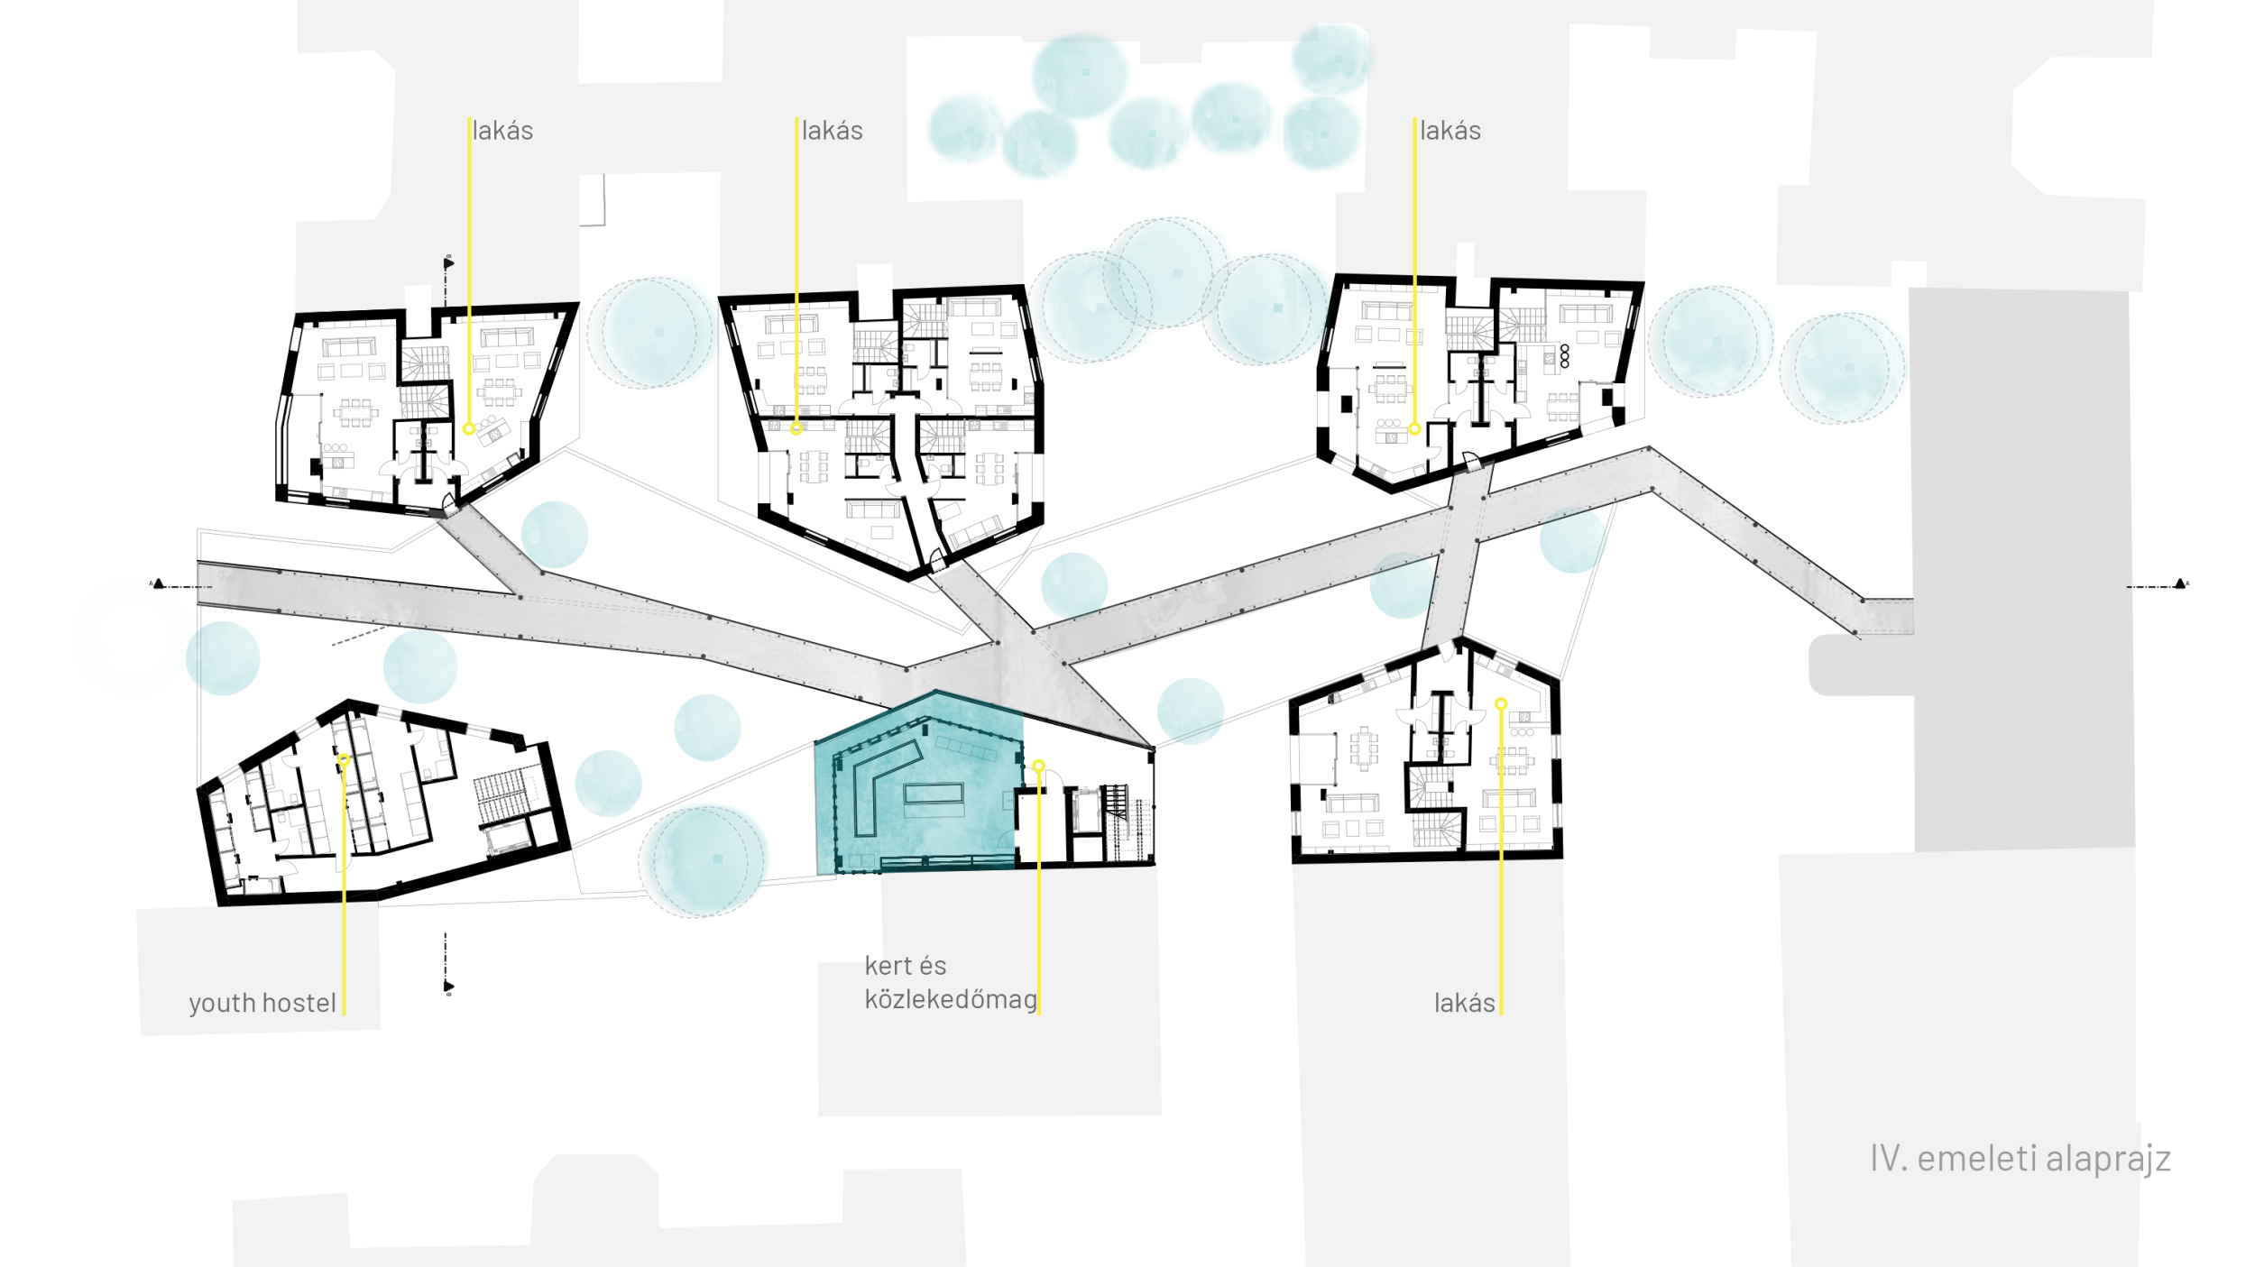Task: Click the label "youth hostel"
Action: point(262,1004)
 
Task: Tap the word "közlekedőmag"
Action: point(951,1000)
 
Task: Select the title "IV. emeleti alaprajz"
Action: point(2020,1159)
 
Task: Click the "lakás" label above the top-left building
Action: point(502,131)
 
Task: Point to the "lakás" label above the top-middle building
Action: point(832,131)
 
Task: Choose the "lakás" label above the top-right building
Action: point(1450,131)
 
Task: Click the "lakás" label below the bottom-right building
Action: point(1464,1003)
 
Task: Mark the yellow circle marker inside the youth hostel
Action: point(344,761)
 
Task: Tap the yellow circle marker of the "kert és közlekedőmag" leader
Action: point(1039,766)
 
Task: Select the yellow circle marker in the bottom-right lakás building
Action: point(1501,703)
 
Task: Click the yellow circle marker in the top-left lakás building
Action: point(469,429)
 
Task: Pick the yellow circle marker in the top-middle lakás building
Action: point(796,429)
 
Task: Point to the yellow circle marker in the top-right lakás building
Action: point(1414,429)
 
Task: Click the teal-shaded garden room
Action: point(920,785)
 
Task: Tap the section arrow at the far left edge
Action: point(159,584)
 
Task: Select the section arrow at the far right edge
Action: point(2180,584)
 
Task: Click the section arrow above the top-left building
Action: point(448,263)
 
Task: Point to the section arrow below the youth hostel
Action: point(448,987)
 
